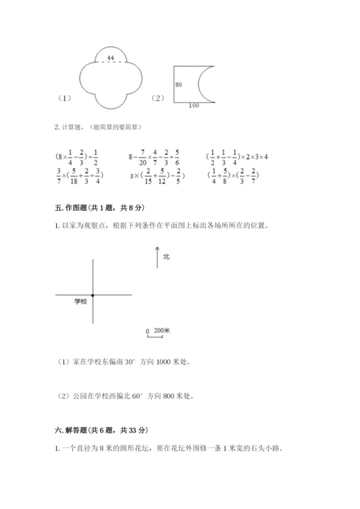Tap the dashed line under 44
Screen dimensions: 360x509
pos(110,63)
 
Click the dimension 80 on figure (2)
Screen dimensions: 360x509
pos(179,86)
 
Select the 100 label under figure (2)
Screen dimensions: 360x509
pos(193,107)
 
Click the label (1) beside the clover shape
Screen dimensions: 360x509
pos(63,98)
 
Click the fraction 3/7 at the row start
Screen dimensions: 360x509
pos(58,175)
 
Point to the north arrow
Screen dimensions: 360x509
pos(156,258)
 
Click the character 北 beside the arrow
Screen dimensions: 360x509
pos(166,256)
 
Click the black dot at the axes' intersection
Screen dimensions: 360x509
pos(93,295)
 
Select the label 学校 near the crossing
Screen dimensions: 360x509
pos(80,302)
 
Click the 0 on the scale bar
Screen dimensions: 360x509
pos(147,331)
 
